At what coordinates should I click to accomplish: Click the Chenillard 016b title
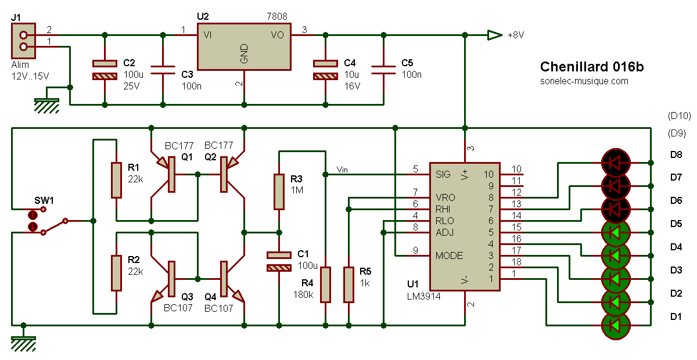click(591, 67)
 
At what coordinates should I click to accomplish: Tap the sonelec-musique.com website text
click(584, 81)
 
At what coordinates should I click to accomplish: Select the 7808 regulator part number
click(276, 16)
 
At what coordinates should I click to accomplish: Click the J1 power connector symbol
click(24, 41)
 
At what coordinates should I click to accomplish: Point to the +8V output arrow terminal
click(495, 35)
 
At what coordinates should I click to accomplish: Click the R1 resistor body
click(116, 180)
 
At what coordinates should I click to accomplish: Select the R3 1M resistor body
click(279, 192)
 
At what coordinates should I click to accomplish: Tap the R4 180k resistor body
click(325, 285)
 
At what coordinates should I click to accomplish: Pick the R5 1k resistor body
click(348, 285)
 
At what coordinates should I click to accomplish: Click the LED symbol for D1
click(616, 326)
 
